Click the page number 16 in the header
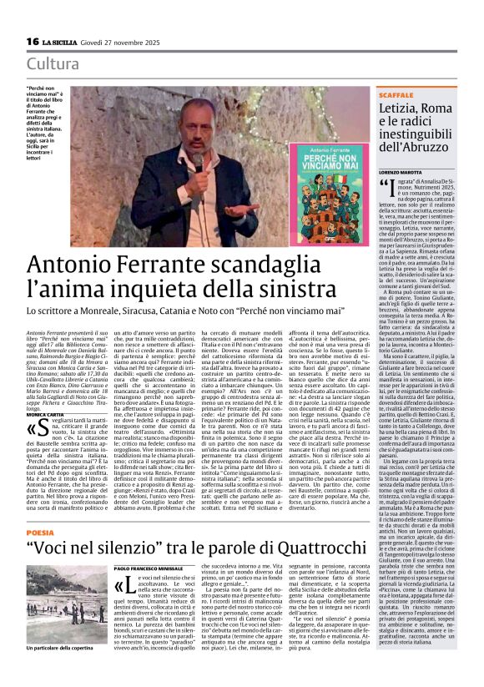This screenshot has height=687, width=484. (x=33, y=41)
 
